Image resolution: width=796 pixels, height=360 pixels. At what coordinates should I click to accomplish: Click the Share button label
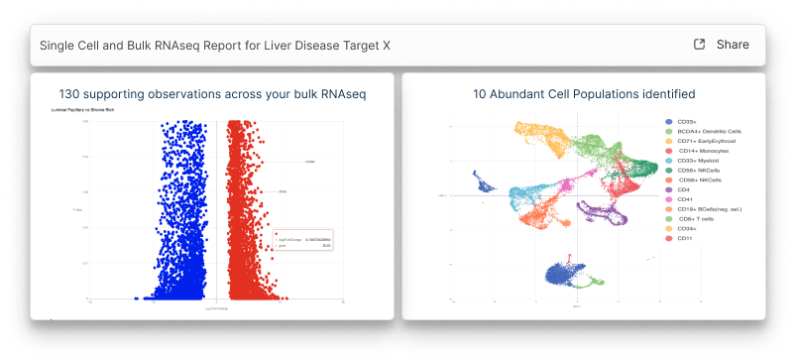pyautogui.click(x=733, y=45)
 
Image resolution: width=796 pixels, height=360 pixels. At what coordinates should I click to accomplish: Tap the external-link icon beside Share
pyautogui.click(x=699, y=45)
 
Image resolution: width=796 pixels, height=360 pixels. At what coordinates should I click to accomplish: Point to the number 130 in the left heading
pyautogui.click(x=70, y=94)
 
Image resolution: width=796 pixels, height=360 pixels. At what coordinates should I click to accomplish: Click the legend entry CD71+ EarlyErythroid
pyautogui.click(x=707, y=141)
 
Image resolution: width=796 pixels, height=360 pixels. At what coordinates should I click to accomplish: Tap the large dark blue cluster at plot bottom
pyautogui.click(x=562, y=278)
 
